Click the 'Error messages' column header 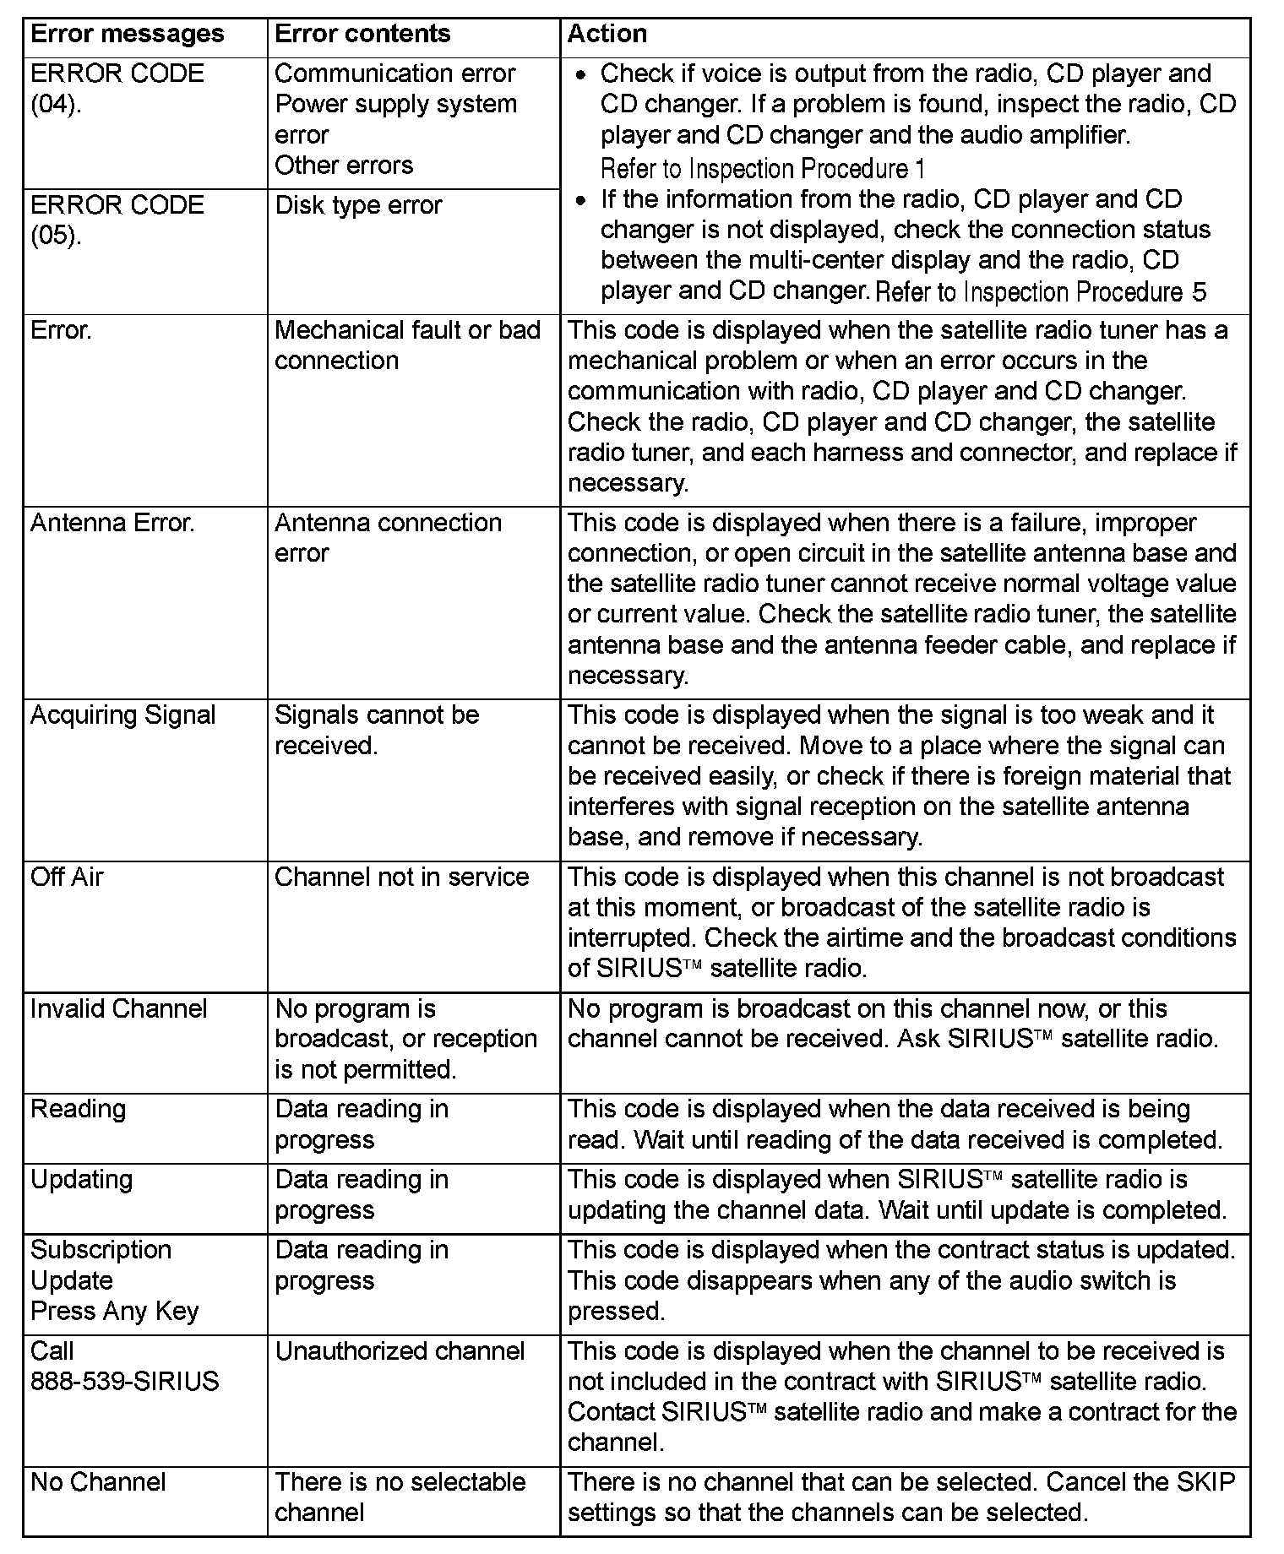pyautogui.click(x=127, y=34)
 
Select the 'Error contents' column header pyautogui.click(x=362, y=34)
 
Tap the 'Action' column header pyautogui.click(x=607, y=34)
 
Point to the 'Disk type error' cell pyautogui.click(x=358, y=205)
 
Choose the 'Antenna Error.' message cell pyautogui.click(x=112, y=523)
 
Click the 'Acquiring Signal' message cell pyautogui.click(x=122, y=715)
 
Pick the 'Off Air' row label pyautogui.click(x=67, y=877)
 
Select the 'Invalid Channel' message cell pyautogui.click(x=118, y=1008)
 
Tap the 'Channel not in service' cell pyautogui.click(x=401, y=877)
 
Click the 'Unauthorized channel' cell pyautogui.click(x=400, y=1350)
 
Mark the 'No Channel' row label pyautogui.click(x=98, y=1481)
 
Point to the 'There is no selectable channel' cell pyautogui.click(x=400, y=1497)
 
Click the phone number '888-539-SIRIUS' pyautogui.click(x=124, y=1381)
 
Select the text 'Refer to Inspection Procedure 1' pyautogui.click(x=762, y=168)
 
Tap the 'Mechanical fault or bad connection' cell pyautogui.click(x=407, y=345)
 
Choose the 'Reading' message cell pyautogui.click(x=78, y=1109)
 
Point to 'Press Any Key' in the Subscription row pyautogui.click(x=114, y=1311)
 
